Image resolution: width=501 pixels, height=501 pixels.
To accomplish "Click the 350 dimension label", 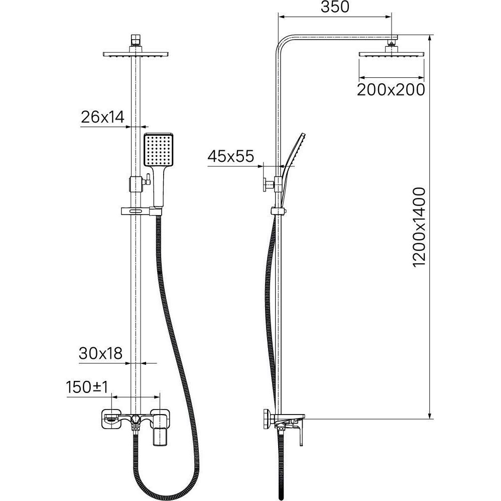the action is pos(335,7).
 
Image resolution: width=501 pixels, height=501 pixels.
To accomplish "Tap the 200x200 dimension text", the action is pos(391,90).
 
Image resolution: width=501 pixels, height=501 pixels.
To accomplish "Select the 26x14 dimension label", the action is pos(102,117).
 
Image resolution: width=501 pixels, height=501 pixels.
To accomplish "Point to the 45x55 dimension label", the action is pos(231,156).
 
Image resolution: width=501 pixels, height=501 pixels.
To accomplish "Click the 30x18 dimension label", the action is pos(100,354).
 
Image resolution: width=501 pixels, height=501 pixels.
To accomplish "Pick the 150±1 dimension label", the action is pos(87,387).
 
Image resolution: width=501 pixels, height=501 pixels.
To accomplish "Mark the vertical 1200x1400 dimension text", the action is pos(419,227).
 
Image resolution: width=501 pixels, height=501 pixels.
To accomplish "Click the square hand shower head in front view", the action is pos(159,150).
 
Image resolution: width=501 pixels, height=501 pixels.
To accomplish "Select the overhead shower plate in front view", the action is pos(136,54).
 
